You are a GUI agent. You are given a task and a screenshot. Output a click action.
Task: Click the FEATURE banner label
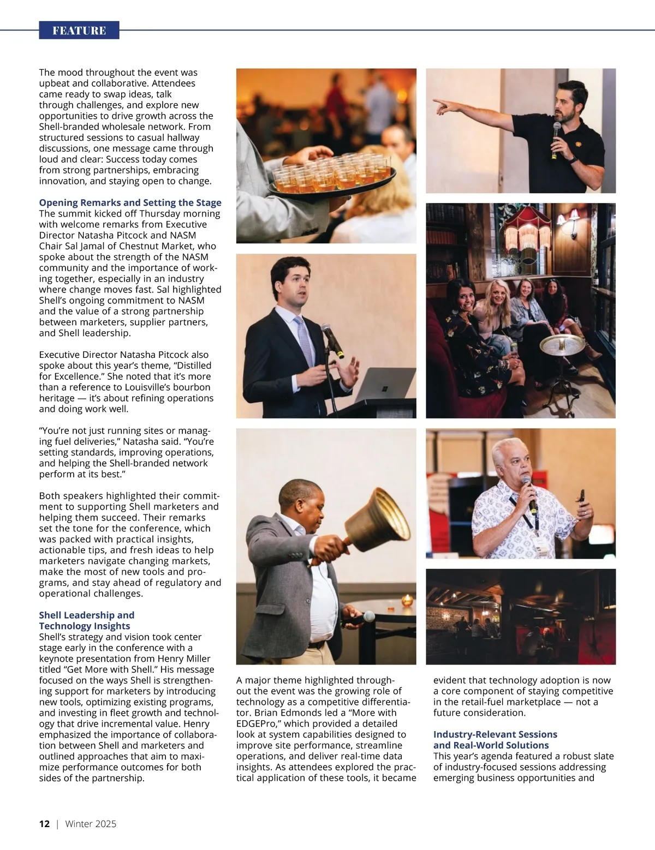point(79,31)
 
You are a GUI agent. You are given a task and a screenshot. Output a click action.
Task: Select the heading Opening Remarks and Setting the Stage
point(130,202)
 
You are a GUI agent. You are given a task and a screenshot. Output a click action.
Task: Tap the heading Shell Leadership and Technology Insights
point(86,620)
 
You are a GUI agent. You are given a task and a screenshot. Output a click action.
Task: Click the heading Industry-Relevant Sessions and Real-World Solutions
point(495,740)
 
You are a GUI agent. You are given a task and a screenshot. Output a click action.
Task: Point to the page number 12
point(44,824)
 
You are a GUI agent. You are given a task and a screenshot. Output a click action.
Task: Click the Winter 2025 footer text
point(91,824)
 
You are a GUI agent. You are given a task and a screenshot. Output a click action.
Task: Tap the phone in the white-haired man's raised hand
point(581,496)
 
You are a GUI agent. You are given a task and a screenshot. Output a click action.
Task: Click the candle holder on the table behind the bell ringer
point(406,600)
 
